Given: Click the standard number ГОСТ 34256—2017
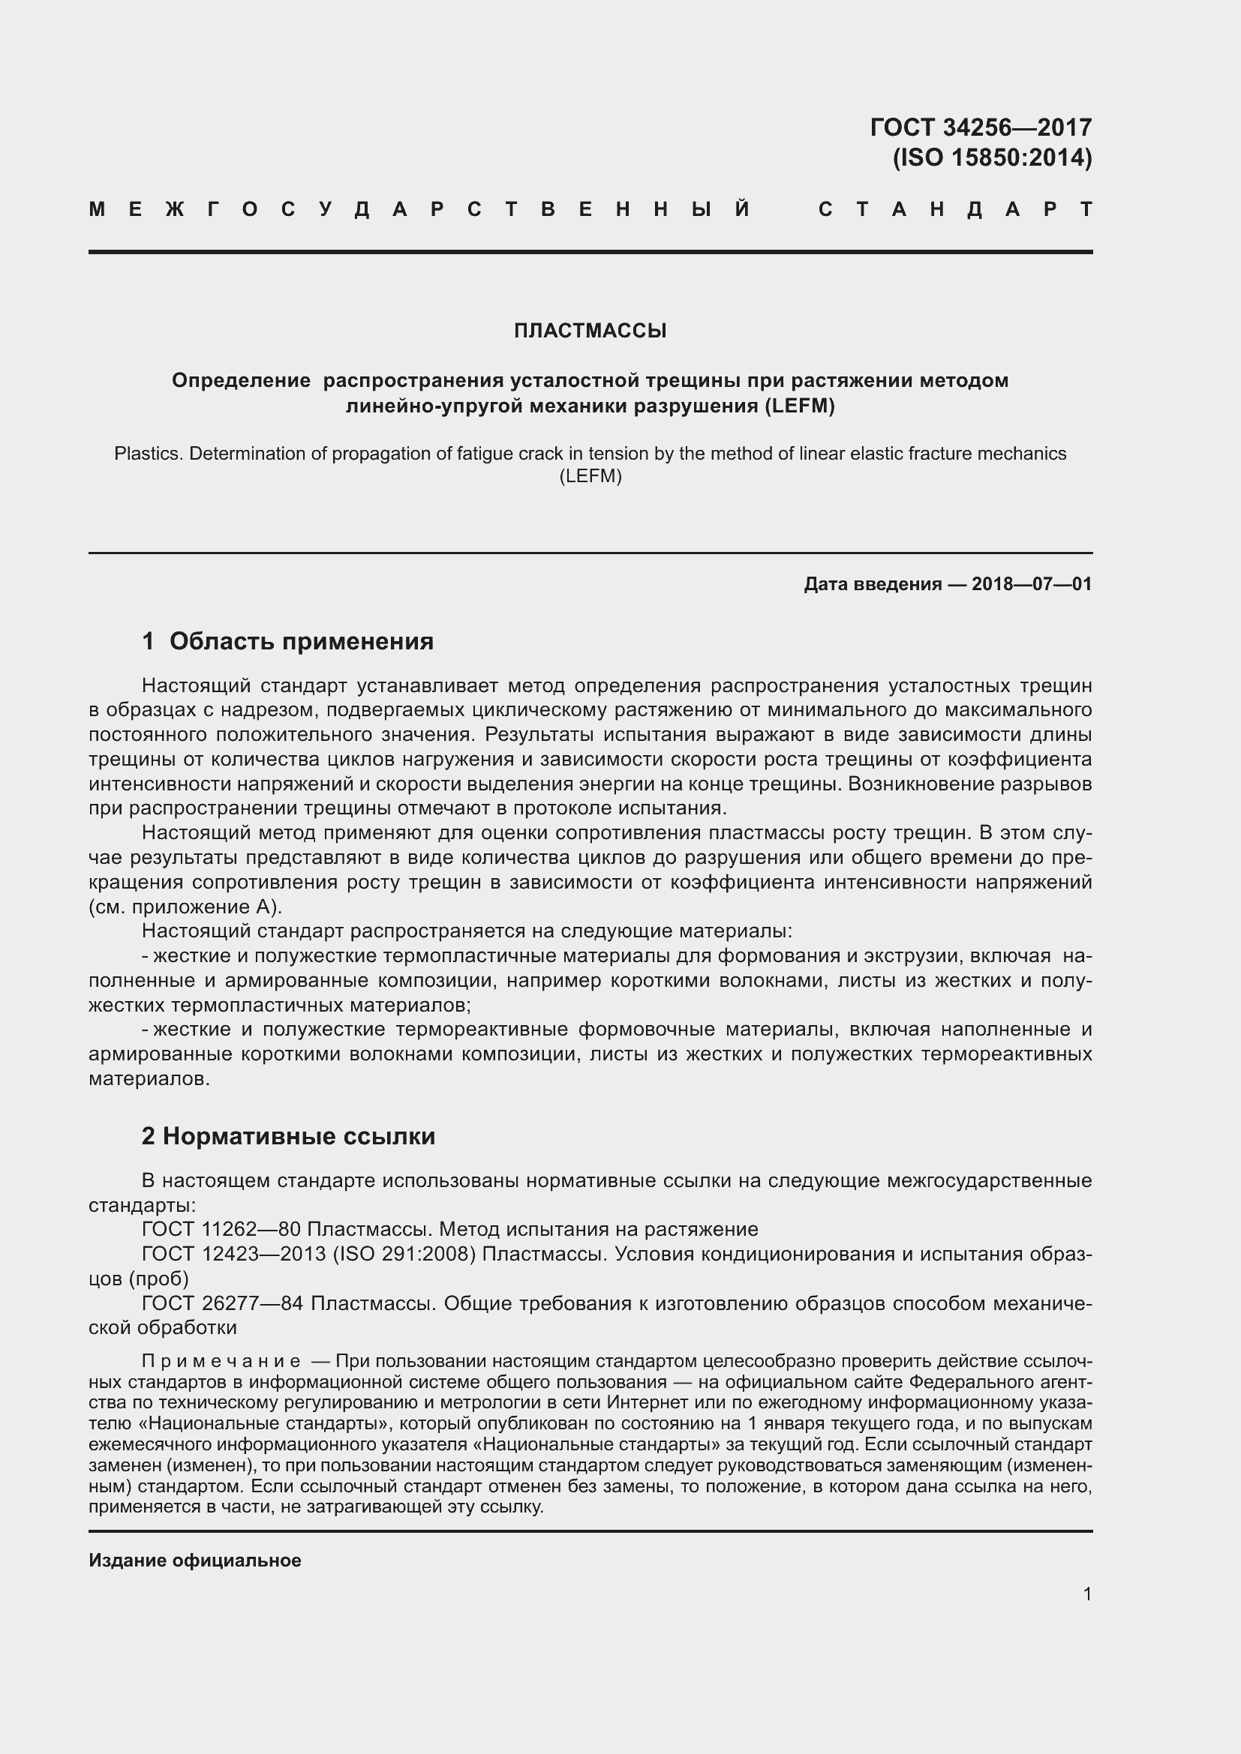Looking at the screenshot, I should click(981, 127).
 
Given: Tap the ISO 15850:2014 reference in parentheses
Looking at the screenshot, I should click(992, 157).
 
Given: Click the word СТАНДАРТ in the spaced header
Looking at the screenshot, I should click(955, 209).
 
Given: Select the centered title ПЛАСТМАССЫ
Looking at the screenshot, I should click(590, 331).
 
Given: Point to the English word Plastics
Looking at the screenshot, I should click(147, 454).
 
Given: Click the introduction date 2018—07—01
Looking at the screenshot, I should click(1032, 584).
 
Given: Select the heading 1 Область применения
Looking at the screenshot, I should click(287, 641).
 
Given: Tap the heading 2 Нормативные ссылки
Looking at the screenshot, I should click(288, 1136).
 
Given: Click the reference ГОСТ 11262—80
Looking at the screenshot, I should click(221, 1229).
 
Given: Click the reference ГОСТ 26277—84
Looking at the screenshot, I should click(222, 1303).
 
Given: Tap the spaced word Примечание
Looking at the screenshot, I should click(221, 1360).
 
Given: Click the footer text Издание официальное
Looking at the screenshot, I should click(195, 1561).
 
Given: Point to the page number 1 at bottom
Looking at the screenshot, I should click(1086, 1594).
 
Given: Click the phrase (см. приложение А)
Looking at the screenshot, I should click(185, 907).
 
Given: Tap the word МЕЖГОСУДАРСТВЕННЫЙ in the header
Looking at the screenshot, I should click(420, 209).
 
